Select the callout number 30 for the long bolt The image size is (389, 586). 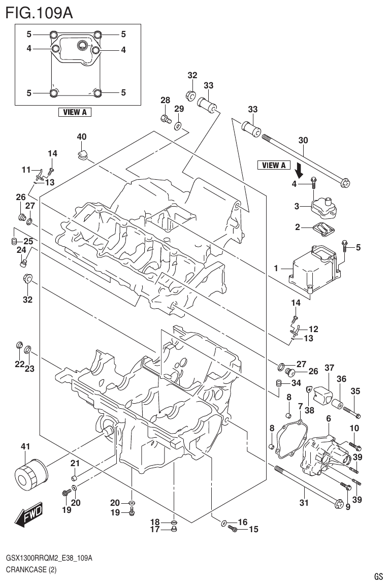click(303, 140)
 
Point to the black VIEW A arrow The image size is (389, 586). click(300, 170)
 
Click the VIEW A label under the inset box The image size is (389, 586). click(75, 112)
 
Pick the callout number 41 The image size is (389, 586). click(25, 446)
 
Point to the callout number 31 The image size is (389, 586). click(304, 504)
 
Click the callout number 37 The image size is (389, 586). click(330, 368)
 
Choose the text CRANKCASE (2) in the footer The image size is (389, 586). click(31, 570)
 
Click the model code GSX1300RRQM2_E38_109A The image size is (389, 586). click(49, 559)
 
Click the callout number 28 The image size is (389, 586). click(166, 101)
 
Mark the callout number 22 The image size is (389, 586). click(19, 364)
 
